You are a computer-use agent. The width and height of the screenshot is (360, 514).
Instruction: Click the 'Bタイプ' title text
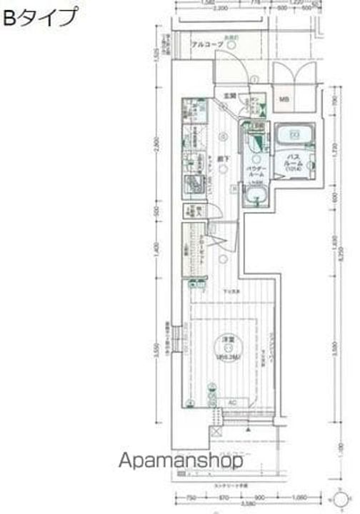point(40,18)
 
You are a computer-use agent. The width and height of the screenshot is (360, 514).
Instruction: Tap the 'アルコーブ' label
point(207,45)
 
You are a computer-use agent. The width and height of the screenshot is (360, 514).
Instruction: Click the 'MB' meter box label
point(284,99)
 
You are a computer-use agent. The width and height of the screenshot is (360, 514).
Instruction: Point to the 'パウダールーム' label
point(256,171)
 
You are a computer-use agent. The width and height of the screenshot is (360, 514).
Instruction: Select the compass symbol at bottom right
point(341,498)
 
